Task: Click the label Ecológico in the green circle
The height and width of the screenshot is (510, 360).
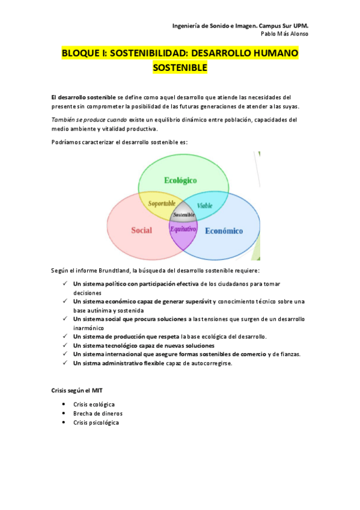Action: click(180, 180)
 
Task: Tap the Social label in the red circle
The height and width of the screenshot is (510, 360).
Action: click(141, 230)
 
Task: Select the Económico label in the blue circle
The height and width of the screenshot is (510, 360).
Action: click(224, 231)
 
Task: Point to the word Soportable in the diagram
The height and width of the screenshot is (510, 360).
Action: click(162, 204)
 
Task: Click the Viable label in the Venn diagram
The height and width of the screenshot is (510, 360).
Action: click(204, 206)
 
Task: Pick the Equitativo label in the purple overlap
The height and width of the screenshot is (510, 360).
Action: click(183, 229)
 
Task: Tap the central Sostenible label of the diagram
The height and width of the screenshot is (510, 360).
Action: click(183, 215)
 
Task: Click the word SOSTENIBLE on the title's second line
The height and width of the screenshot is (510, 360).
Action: click(180, 68)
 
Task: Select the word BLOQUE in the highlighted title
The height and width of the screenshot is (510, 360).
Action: click(81, 54)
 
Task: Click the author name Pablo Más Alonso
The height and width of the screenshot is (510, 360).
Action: click(285, 34)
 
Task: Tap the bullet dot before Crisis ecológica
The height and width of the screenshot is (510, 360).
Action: click(64, 404)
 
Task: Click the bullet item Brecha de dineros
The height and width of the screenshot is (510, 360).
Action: click(94, 414)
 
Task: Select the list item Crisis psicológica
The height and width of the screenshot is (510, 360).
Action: click(96, 423)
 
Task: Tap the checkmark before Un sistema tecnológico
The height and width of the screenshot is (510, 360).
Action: click(64, 346)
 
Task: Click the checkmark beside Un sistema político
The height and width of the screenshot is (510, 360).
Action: click(64, 283)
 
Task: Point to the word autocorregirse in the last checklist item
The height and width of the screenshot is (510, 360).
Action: click(212, 363)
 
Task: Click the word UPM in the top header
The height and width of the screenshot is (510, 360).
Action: click(300, 26)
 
